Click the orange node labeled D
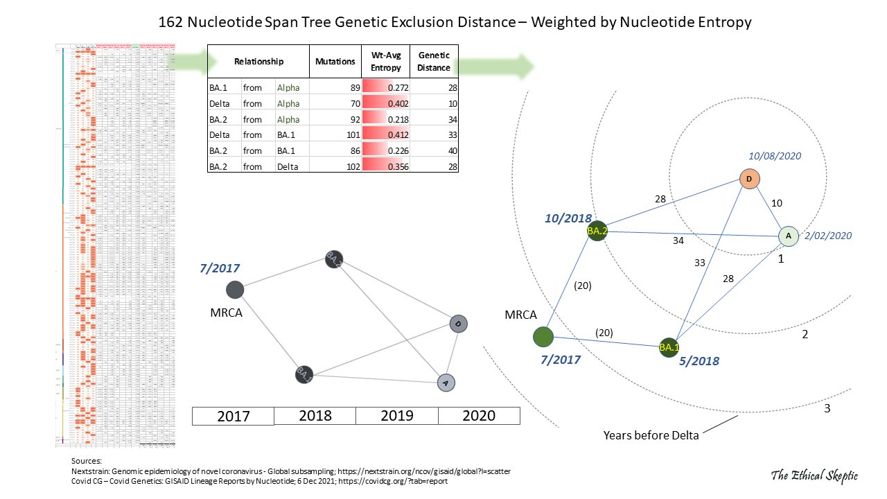coord(749,180)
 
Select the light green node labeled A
coord(788,236)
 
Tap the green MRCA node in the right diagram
coord(543,338)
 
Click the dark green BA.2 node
coord(597,230)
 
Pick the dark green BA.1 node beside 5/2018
coord(668,347)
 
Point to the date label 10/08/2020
coord(776,157)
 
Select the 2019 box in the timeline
coord(396,416)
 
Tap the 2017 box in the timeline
coord(233,416)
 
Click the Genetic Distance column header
coord(434,61)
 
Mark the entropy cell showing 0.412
coord(385,135)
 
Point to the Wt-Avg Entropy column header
coord(385,61)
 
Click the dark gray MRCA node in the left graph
coord(235,290)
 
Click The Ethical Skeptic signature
coord(814,475)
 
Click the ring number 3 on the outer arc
coord(827,408)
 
